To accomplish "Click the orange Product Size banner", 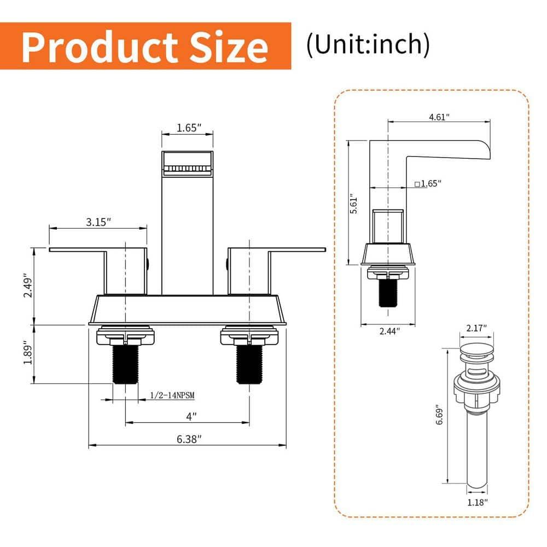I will point(145,46).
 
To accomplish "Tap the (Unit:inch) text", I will point(368,44).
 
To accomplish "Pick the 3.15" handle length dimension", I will point(98,222).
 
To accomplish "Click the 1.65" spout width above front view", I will point(189,128).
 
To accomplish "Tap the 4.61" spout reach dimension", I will point(439,117).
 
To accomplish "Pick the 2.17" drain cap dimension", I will point(476,328).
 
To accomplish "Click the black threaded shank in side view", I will point(388,293).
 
